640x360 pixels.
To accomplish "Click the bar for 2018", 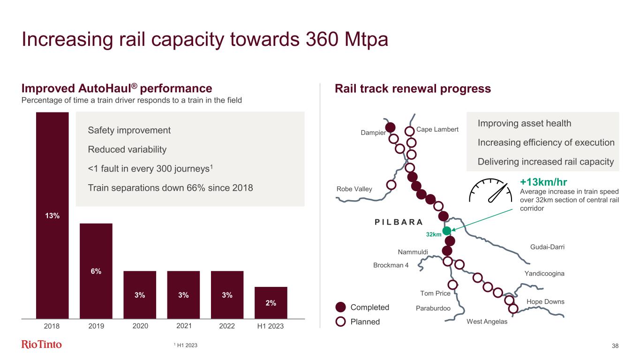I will coord(53,215).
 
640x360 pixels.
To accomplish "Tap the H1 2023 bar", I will coord(271,302).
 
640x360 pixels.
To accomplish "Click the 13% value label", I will coord(53,216).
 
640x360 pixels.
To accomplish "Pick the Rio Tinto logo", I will coord(42,345).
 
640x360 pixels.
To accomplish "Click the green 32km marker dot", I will coord(447,230).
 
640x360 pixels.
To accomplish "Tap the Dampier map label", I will coord(373,133).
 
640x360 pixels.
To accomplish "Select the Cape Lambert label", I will coord(437,129).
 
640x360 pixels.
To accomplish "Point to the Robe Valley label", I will coord(354,189).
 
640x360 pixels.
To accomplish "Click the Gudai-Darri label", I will coord(547,247).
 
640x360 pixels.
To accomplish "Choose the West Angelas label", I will coord(487,322).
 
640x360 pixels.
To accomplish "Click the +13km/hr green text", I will coord(542,182).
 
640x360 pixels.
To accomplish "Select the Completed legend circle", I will coord(341,307).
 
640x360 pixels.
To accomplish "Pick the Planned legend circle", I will coord(341,322).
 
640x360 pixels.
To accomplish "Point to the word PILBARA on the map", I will coord(399,222).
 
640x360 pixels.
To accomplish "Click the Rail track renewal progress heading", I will coord(412,89).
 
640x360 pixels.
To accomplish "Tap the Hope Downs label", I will coord(546,301).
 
